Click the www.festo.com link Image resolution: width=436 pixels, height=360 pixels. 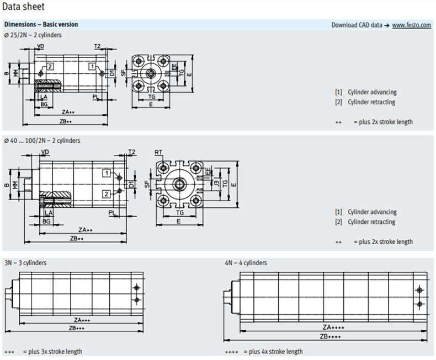point(411,25)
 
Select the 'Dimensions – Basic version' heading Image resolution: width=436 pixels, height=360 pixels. point(41,25)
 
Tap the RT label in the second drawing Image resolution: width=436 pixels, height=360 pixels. point(158,152)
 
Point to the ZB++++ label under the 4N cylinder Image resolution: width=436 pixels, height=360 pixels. point(331,336)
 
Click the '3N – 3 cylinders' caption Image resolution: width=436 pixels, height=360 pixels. point(25,263)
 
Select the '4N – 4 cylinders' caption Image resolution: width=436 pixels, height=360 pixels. point(246,263)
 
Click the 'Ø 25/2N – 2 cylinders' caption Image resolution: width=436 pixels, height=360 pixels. point(33,35)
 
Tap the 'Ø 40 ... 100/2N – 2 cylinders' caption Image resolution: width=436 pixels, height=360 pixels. point(42,141)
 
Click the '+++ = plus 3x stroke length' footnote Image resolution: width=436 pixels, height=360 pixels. point(43,352)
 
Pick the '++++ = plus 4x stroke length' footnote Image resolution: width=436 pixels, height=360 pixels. point(264,352)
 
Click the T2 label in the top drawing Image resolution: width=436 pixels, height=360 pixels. point(97,46)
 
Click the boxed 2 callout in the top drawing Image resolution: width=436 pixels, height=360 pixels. point(50,66)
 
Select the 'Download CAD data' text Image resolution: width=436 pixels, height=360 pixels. point(357,25)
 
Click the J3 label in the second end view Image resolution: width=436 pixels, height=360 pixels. point(217,182)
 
